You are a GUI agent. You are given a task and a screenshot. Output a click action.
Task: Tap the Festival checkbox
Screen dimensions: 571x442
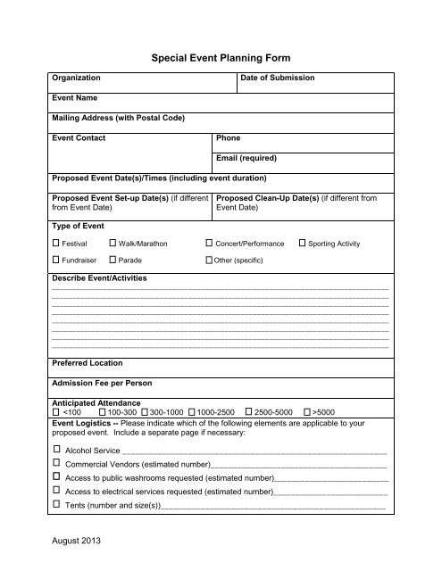[x=55, y=243]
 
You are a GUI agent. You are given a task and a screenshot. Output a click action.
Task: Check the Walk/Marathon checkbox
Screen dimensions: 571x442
[x=112, y=243]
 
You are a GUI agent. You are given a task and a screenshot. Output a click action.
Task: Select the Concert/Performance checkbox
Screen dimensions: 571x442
[x=209, y=243]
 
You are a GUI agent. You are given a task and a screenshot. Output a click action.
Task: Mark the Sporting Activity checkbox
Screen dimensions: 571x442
[x=302, y=243]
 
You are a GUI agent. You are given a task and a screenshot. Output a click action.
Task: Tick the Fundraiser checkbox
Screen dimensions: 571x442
[x=55, y=261]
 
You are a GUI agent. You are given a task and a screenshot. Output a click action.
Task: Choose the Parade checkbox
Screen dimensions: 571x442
[x=112, y=261]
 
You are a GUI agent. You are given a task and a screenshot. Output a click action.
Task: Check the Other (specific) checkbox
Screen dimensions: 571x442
[x=208, y=261]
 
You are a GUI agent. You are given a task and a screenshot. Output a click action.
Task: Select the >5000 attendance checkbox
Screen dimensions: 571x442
[x=306, y=413]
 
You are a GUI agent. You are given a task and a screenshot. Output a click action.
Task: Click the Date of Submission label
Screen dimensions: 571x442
[x=278, y=79]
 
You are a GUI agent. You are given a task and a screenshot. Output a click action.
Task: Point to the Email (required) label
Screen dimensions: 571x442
[x=246, y=158]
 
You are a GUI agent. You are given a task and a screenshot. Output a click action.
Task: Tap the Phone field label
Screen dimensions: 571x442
[x=228, y=138]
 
